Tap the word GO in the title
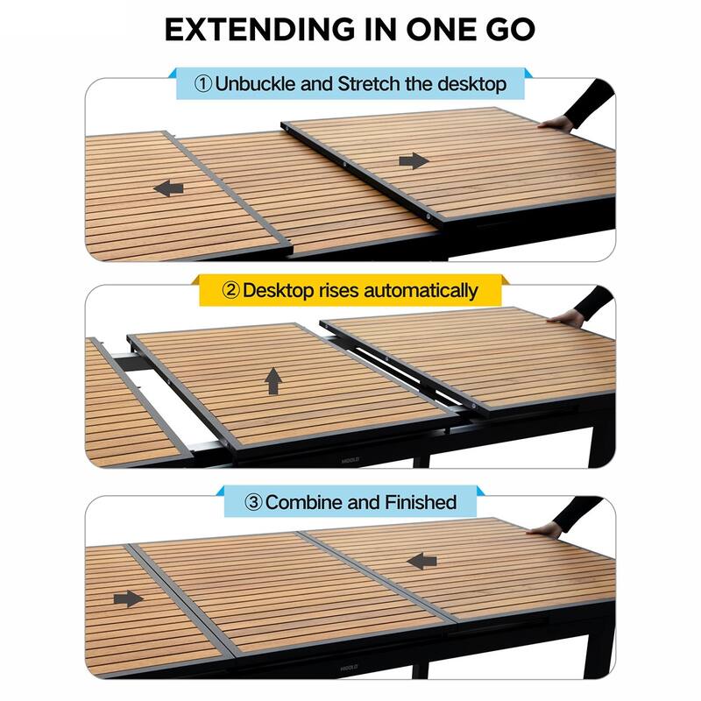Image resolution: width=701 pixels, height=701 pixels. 505,28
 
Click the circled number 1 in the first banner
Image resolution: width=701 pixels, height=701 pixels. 203,85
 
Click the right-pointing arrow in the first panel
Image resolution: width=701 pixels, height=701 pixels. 414,161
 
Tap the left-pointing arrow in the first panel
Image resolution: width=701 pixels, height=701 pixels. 168,188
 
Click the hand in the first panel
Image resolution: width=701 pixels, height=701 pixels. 556,124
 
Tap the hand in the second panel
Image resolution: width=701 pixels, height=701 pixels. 567,317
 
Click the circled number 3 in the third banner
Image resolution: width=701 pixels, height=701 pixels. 253,502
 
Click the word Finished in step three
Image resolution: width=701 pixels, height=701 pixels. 421,502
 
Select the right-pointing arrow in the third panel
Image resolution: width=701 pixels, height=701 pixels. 128,598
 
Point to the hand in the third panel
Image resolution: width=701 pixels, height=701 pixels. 545,528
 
